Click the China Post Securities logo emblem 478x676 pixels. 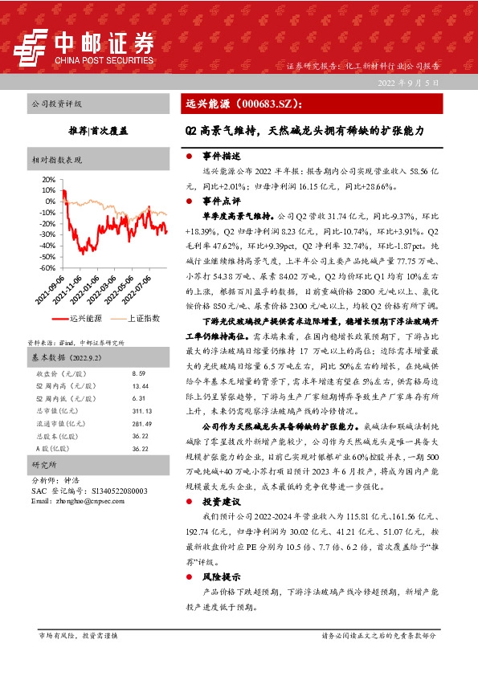click(35, 46)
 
